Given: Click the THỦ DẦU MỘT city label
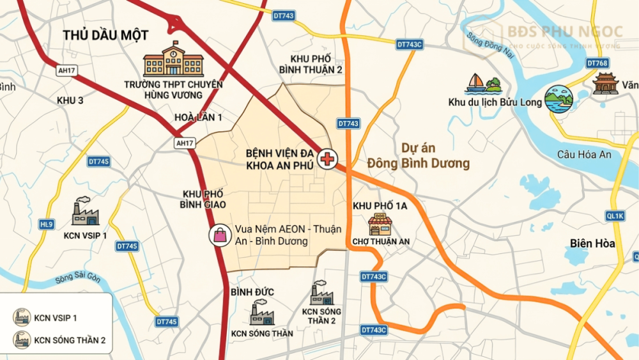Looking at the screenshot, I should [x=105, y=35].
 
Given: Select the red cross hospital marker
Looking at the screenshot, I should [x=327, y=159].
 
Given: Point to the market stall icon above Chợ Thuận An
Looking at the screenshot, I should [x=380, y=224].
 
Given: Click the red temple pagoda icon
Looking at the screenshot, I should [x=605, y=84].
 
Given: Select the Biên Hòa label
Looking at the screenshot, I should [x=592, y=243].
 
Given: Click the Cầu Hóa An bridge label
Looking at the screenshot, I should [x=584, y=154].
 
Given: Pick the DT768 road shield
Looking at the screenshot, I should [x=597, y=63].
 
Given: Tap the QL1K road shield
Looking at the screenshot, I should [x=615, y=216].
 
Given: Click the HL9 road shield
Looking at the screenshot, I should [x=47, y=224].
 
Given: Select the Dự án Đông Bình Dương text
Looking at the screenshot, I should [x=435, y=155].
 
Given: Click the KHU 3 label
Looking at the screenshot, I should [x=70, y=100].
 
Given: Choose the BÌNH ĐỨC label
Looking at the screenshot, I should [x=252, y=292].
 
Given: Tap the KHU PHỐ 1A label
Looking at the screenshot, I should [x=380, y=206].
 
